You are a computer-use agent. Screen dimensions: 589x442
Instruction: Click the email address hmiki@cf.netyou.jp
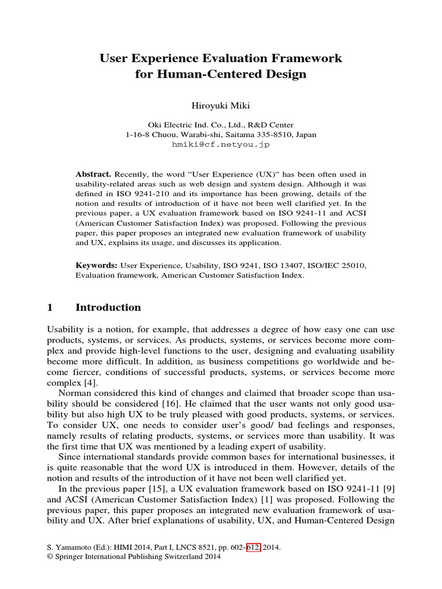click(x=220, y=144)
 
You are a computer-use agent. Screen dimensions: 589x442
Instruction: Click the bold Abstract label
click(x=94, y=174)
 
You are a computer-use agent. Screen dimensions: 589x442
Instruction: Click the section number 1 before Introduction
click(x=49, y=308)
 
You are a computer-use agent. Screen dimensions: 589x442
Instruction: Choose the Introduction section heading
click(x=108, y=308)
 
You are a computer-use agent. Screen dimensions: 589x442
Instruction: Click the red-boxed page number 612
click(x=253, y=548)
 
